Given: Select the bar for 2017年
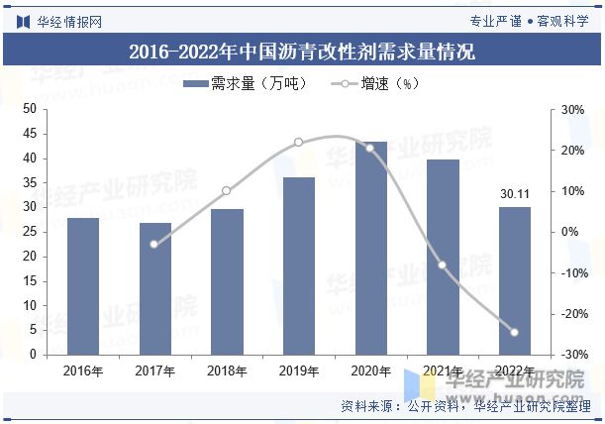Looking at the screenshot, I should coord(154,288).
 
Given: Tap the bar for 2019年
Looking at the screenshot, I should coord(298,265).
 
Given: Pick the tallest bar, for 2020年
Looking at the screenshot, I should coord(370,248).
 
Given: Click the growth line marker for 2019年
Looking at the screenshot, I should coord(298,143).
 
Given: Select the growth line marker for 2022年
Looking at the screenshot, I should coord(514,333).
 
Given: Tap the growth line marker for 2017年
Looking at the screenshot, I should coord(154,244).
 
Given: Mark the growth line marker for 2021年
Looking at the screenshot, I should coord(442,265).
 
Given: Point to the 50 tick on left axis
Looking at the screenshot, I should coord(29,109).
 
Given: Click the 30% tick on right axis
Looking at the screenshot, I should coord(572,109).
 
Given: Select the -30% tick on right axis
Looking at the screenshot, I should coord(570,355).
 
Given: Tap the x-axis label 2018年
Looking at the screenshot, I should coord(227,371).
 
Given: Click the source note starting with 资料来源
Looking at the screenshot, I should coord(465,406).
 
